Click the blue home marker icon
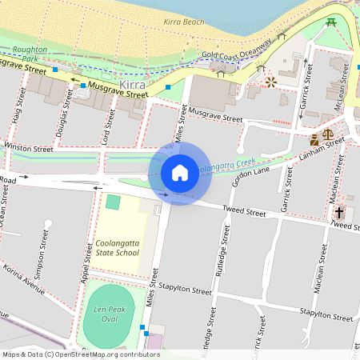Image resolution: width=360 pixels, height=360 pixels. click(x=180, y=172)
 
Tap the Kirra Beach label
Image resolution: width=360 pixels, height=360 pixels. click(x=184, y=22)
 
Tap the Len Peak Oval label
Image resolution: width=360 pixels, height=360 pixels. click(x=112, y=314)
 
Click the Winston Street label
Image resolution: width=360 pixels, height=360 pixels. click(x=29, y=148)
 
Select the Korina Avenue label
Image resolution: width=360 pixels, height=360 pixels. click(x=23, y=274)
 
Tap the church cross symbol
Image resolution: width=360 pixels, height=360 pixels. click(x=339, y=214)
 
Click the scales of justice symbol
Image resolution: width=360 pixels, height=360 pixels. click(x=328, y=134)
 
